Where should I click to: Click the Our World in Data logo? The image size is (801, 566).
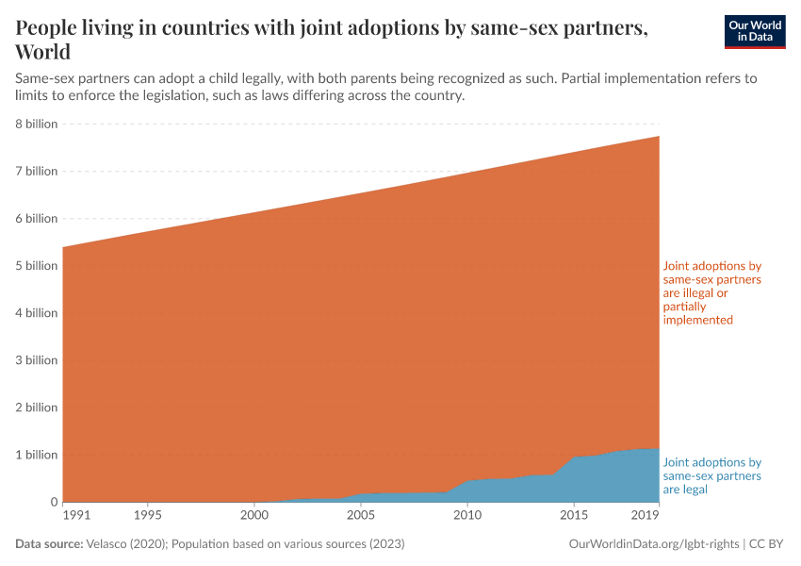coord(754,31)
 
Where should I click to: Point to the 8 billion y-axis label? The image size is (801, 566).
coord(36,124)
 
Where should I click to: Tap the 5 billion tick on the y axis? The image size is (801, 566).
coord(36,266)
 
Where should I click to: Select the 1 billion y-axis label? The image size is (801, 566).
coord(36,455)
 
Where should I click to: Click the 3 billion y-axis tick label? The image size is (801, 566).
coord(36,360)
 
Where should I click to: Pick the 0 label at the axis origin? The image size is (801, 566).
coord(53,502)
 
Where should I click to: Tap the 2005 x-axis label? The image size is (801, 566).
coord(360,516)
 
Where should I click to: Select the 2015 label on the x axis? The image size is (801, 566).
coord(574,516)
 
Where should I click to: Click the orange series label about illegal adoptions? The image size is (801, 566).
coord(712,293)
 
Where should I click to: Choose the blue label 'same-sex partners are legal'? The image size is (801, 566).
coord(712,476)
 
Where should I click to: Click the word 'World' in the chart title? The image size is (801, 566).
coord(43,51)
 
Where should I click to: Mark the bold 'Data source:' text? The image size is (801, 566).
coord(49,544)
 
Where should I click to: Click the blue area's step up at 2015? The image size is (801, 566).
coord(574,458)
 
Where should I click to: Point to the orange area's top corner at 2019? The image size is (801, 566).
coord(659,137)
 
